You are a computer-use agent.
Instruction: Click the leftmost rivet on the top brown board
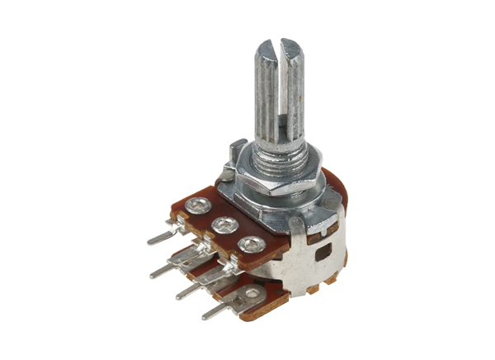point(199,206)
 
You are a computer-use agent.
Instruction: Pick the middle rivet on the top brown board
point(222,225)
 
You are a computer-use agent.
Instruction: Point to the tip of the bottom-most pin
point(205,316)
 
